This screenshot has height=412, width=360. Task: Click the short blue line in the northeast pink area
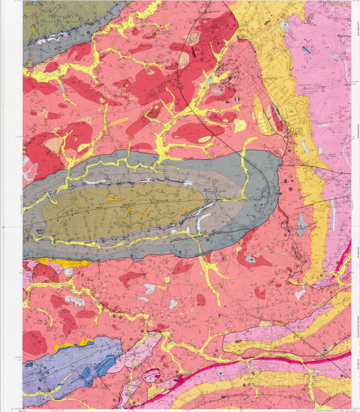[x=306, y=50]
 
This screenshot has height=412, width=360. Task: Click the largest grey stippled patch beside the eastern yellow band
[x=302, y=224]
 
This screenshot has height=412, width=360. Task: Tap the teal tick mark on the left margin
[x=3, y=227]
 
